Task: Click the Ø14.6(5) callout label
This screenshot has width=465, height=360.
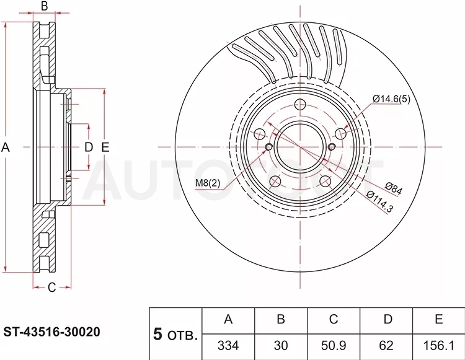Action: pyautogui.click(x=391, y=99)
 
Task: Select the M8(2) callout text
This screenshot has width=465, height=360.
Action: pyautogui.click(x=208, y=183)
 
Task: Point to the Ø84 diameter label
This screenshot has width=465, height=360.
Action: pyautogui.click(x=394, y=188)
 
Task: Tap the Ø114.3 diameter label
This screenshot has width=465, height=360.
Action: pyautogui.click(x=380, y=202)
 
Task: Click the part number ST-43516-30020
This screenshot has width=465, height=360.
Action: pyautogui.click(x=51, y=332)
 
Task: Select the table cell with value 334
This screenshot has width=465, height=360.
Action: pyautogui.click(x=228, y=346)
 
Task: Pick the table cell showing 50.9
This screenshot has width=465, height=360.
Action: pyautogui.click(x=334, y=346)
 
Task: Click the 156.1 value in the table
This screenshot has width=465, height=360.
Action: pyautogui.click(x=438, y=346)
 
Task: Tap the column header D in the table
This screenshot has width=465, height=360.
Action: pyautogui.click(x=387, y=319)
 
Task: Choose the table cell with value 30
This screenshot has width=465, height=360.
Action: pyautogui.click(x=280, y=346)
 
